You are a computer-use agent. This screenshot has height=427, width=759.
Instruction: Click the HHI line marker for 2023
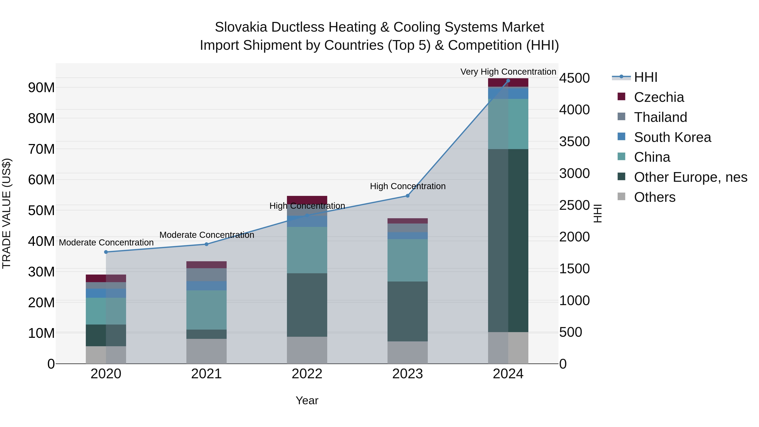[x=408, y=196]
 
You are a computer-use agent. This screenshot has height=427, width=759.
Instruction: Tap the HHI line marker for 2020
[x=106, y=252]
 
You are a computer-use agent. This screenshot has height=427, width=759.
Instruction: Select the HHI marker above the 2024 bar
[x=508, y=81]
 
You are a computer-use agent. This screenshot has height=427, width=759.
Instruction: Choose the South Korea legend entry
[x=672, y=137]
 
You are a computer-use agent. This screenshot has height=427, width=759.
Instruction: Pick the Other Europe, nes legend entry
[x=690, y=177]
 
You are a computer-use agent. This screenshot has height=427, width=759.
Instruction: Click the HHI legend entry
[x=645, y=77]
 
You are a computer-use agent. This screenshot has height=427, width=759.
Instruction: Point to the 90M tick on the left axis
[x=41, y=88]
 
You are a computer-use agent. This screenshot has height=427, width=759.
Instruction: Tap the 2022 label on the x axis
[x=307, y=374]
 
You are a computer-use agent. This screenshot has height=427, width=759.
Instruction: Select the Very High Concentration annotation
[x=508, y=72]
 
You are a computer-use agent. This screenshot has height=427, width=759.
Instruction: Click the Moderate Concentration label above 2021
[x=207, y=235]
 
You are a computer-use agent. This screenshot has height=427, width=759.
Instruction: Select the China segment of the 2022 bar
[x=307, y=250]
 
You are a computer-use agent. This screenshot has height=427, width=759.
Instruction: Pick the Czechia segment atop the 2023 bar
[x=408, y=221]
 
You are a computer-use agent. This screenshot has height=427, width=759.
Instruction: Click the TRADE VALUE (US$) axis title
[x=7, y=213]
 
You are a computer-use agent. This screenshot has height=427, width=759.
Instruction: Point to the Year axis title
[x=307, y=400]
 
